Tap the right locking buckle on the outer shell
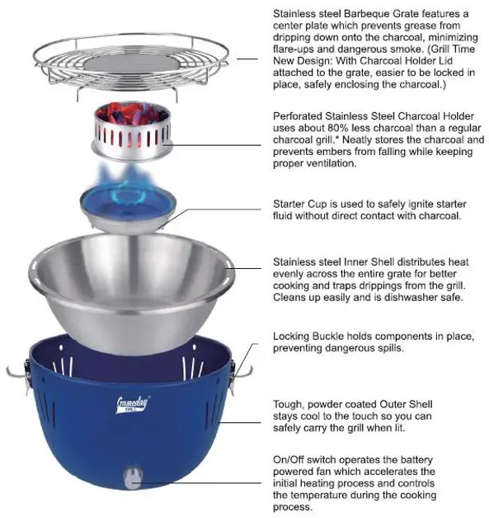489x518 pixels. tap(240, 376)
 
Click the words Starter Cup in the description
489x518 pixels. tap(302, 204)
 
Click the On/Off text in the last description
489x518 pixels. tap(292, 459)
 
